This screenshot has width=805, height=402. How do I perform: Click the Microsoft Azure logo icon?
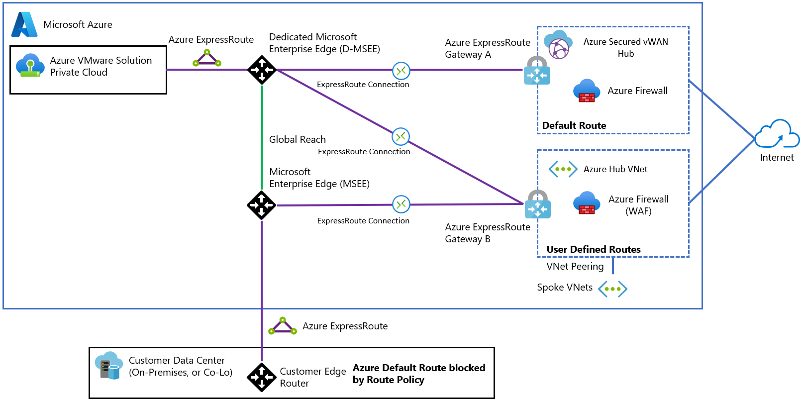click(24, 24)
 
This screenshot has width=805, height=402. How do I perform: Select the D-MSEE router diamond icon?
click(262, 70)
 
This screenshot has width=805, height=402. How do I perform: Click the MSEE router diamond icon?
click(262, 205)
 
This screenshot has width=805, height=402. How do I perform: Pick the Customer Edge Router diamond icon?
click(262, 377)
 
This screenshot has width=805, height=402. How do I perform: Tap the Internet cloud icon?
click(777, 134)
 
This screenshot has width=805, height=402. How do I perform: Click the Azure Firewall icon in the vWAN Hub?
click(587, 91)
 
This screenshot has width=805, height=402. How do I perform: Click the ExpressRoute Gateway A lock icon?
click(537, 71)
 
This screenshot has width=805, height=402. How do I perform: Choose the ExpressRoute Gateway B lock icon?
click(537, 204)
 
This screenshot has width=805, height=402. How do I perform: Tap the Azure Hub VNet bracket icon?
click(563, 169)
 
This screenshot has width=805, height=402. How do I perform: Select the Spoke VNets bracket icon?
click(612, 289)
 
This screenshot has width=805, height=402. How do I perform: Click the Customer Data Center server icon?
click(108, 366)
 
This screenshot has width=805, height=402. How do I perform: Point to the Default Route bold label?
click(574, 125)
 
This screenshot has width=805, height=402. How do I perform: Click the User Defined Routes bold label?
click(594, 249)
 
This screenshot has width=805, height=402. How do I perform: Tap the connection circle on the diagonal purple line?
click(401, 136)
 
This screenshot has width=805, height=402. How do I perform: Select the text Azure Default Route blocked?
click(419, 368)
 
